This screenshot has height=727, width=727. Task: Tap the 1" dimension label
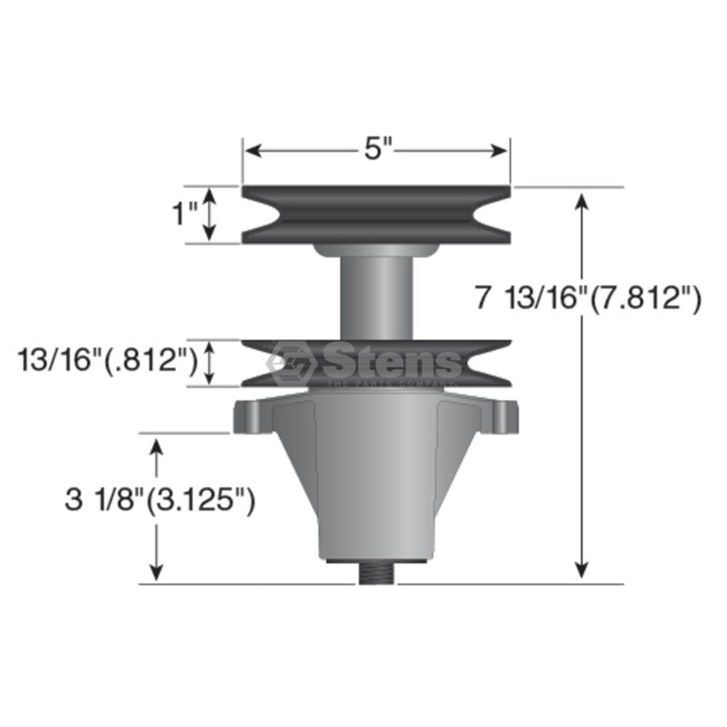pyautogui.click(x=185, y=214)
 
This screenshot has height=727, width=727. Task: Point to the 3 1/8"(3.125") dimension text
pyautogui.click(x=160, y=501)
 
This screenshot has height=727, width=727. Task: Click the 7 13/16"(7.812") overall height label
pyautogui.click(x=588, y=297)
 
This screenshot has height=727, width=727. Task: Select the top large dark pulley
pyautogui.click(x=376, y=214)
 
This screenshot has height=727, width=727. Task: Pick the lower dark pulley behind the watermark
pyautogui.click(x=376, y=363)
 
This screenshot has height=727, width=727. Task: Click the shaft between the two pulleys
pyautogui.click(x=376, y=297)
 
